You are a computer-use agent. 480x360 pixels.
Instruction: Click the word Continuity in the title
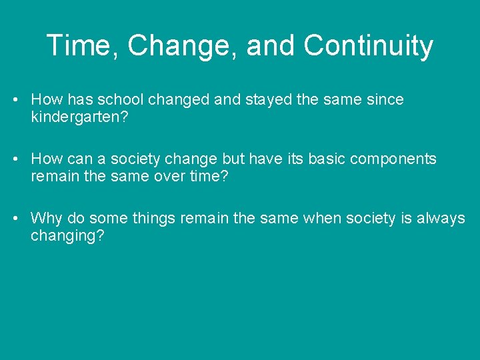coord(368,47)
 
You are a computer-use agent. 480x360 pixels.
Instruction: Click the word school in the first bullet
coord(121,100)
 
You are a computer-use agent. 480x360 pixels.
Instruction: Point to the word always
coord(441,219)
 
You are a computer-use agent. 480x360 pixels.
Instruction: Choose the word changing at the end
coord(67,237)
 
